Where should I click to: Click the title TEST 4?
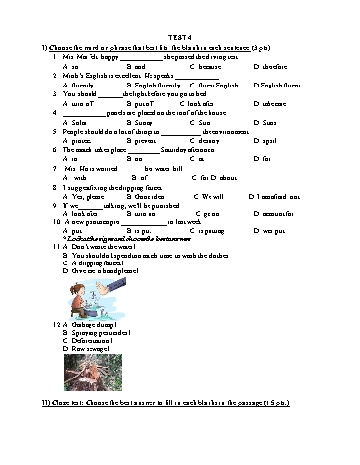point(179,35)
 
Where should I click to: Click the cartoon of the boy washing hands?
point(109,296)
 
